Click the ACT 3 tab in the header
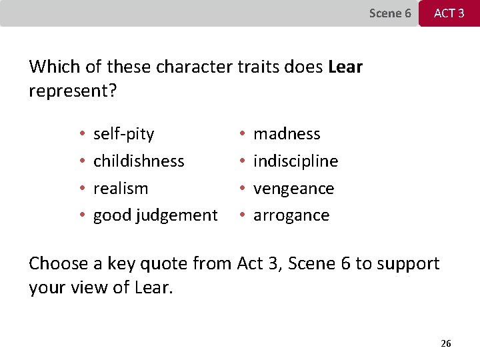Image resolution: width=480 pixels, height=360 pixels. coord(449,13)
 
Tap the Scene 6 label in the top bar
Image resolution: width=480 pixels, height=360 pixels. coord(390,13)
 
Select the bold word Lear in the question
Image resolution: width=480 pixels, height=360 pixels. coord(345,67)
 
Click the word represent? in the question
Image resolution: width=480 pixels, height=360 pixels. coord(73,91)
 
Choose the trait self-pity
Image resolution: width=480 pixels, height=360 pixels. coord(123,134)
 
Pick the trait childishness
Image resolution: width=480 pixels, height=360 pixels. coord(139,161)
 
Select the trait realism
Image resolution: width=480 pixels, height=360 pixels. coord(121,189)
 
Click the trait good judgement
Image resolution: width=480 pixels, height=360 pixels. coord(155,215)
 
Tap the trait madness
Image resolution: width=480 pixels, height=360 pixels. coord(287,134)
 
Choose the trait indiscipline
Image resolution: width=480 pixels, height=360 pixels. coord(296,161)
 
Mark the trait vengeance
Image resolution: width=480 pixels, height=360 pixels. coord(293,189)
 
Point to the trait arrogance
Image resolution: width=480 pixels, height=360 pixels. coord(291,215)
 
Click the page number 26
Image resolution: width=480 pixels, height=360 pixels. coord(446,343)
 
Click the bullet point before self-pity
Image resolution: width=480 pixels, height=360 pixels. coord(81,135)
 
